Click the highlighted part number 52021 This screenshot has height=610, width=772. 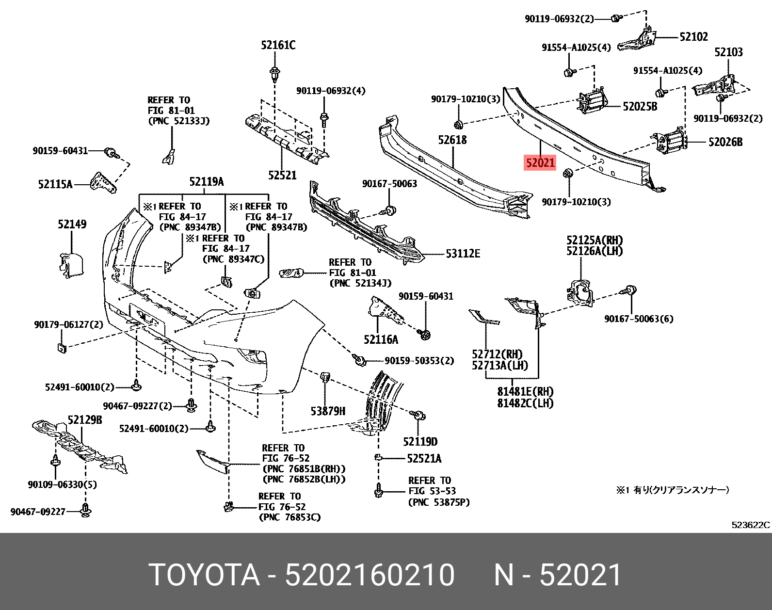pyautogui.click(x=540, y=163)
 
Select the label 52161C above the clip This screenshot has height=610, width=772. pyautogui.click(x=278, y=46)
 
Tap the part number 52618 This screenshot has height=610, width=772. pyautogui.click(x=452, y=140)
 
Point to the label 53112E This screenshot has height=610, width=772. pyautogui.click(x=463, y=254)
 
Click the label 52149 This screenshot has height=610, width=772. pyautogui.click(x=72, y=225)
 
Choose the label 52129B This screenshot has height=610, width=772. pyautogui.click(x=85, y=420)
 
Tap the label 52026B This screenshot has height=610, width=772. pyautogui.click(x=725, y=142)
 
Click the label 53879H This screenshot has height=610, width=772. pyautogui.click(x=328, y=411)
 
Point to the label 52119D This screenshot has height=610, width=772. pyautogui.click(x=420, y=442)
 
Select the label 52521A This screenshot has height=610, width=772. pyautogui.click(x=424, y=459)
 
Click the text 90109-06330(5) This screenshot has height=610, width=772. pyautogui.click(x=62, y=484)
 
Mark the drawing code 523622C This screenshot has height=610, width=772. pyautogui.click(x=750, y=525)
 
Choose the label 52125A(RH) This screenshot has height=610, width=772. pyautogui.click(x=595, y=241)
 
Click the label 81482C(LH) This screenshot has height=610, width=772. pyautogui.click(x=525, y=403)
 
